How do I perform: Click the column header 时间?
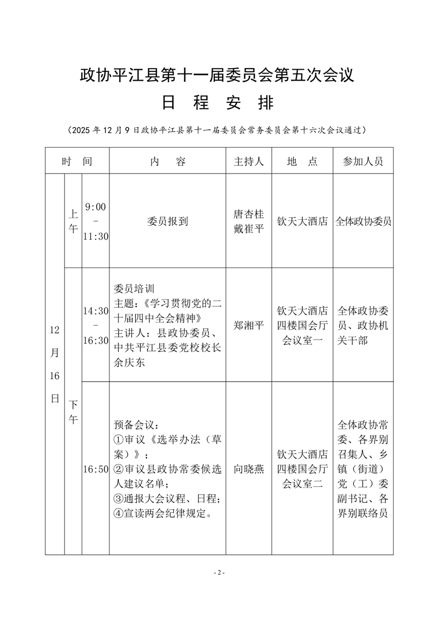coord(77,161)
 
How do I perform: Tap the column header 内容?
coord(167,161)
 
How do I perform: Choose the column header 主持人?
coord(249,161)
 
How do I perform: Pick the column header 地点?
coord(302,161)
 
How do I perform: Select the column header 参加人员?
coord(363,161)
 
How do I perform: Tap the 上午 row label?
coord(73,221)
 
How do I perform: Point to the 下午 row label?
coord(73,412)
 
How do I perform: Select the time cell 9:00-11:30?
coord(96,221)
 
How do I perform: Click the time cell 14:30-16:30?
coord(96,325)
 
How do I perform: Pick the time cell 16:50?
coord(96,469)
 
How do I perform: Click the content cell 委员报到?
coord(167,221)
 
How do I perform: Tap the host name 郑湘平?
coord(249,325)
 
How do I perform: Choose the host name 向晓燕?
coord(249,469)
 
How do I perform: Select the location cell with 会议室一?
coord(302,325)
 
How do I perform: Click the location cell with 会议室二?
coord(302,469)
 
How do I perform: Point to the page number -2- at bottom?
coord(219,572)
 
